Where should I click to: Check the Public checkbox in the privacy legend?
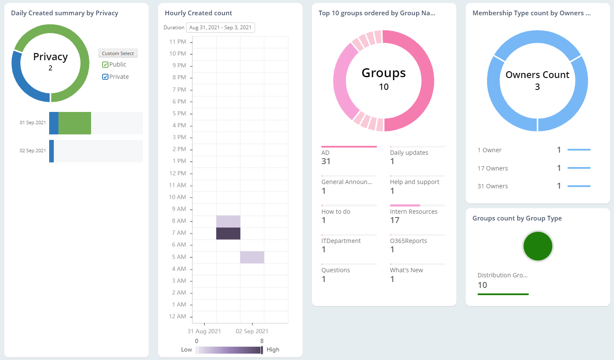tap(106, 65)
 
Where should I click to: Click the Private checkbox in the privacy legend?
tap(106, 77)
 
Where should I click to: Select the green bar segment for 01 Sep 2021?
tap(75, 123)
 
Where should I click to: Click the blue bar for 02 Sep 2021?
tap(51, 151)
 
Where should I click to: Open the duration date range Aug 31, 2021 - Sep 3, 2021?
tap(220, 28)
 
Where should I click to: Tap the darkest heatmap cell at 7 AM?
tap(228, 233)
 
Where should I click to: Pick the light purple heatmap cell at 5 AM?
tap(252, 257)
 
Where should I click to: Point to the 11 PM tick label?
tap(178, 42)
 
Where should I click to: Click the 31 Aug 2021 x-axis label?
tap(204, 331)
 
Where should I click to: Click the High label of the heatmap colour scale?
tap(273, 349)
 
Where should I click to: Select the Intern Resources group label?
tap(414, 212)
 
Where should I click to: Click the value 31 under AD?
tap(326, 162)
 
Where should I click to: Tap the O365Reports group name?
tap(408, 241)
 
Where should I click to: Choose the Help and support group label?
tap(414, 182)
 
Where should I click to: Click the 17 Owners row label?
tap(492, 168)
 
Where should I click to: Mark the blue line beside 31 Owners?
tap(579, 186)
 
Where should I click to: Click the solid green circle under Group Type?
tap(538, 246)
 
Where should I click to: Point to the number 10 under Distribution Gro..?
tap(482, 285)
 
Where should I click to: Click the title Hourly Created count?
tap(198, 13)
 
